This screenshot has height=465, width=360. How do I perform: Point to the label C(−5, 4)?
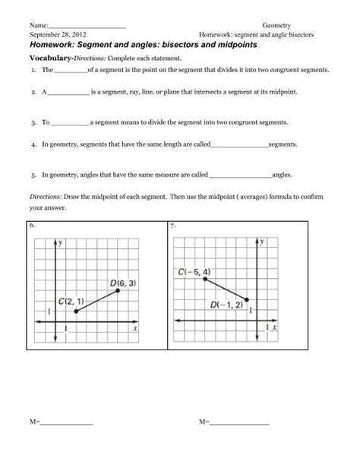point(195,271)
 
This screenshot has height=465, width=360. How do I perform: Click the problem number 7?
point(174,226)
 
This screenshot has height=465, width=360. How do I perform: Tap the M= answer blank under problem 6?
point(67,443)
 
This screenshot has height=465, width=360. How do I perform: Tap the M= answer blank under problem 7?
point(238,443)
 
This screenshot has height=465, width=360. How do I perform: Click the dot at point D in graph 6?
point(117,291)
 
